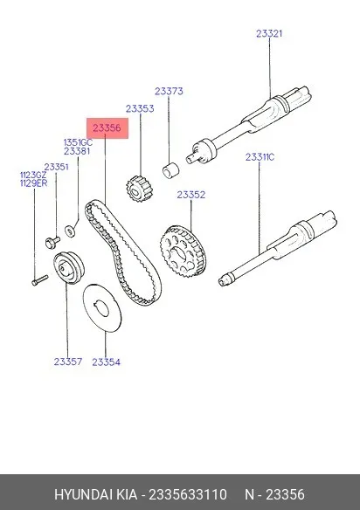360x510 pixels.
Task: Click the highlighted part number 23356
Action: pyautogui.click(x=107, y=128)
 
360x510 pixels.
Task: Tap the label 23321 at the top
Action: pyautogui.click(x=269, y=33)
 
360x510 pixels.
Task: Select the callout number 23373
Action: pyautogui.click(x=169, y=91)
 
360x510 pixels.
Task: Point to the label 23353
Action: pyautogui.click(x=140, y=108)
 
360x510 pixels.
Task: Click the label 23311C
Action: pyautogui.click(x=260, y=157)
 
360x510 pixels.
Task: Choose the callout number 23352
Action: pyautogui.click(x=191, y=195)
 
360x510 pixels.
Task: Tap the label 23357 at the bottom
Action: pyautogui.click(x=68, y=362)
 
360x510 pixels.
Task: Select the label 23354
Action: pyautogui.click(x=106, y=362)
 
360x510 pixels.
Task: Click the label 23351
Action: pyautogui.click(x=57, y=167)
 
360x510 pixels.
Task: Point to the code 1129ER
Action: pyautogui.click(x=33, y=183)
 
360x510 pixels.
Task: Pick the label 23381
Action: pyautogui.click(x=77, y=151)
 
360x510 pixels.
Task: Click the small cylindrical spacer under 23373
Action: pyautogui.click(x=171, y=169)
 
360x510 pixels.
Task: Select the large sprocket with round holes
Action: pyautogui.click(x=183, y=252)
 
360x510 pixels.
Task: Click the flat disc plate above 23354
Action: pyautogui.click(x=102, y=307)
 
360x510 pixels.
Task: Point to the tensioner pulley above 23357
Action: pyautogui.click(x=69, y=268)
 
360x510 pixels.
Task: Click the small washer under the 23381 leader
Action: pyautogui.click(x=70, y=231)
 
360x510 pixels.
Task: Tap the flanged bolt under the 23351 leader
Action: pyautogui.click(x=52, y=242)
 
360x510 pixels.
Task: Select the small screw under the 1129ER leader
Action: pyautogui.click(x=40, y=280)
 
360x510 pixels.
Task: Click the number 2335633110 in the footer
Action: pyautogui.click(x=188, y=494)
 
